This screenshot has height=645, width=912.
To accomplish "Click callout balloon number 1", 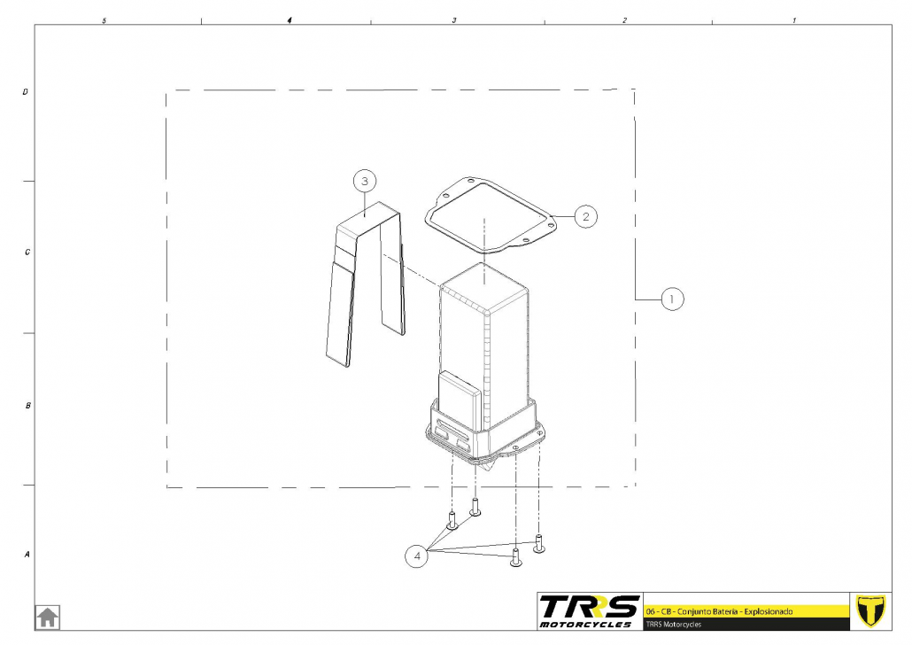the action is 672,299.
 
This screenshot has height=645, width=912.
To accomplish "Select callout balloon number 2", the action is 585,216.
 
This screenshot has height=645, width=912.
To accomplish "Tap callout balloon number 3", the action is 365,181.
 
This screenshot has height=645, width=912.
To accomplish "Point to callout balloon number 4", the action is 416,556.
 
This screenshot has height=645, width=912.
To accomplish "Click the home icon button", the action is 48,617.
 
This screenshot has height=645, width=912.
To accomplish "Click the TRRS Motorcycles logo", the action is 589,611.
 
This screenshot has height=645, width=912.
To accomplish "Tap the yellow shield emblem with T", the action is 870,611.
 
